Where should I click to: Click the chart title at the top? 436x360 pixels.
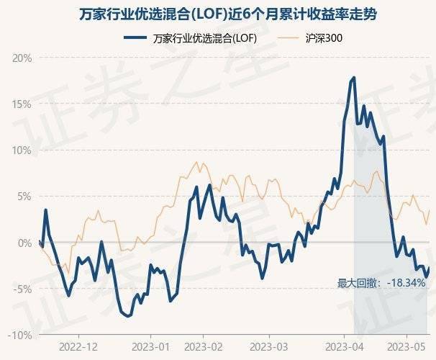[x=218, y=14]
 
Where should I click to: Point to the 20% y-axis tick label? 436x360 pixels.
[x=21, y=57]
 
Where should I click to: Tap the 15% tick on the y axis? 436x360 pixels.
[x=21, y=104]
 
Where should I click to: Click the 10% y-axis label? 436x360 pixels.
[x=21, y=150]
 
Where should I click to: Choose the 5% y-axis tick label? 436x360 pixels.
[x=24, y=196]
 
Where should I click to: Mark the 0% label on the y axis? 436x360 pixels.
[x=24, y=243]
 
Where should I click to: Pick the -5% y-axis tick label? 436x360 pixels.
[x=22, y=289]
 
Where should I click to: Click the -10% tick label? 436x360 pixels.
[x=19, y=336]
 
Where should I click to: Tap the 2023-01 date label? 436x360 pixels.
[x=151, y=346]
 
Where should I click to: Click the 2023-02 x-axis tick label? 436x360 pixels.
[x=204, y=346]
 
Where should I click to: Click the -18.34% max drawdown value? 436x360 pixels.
[x=406, y=283]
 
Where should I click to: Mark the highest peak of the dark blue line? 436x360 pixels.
[x=354, y=78]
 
